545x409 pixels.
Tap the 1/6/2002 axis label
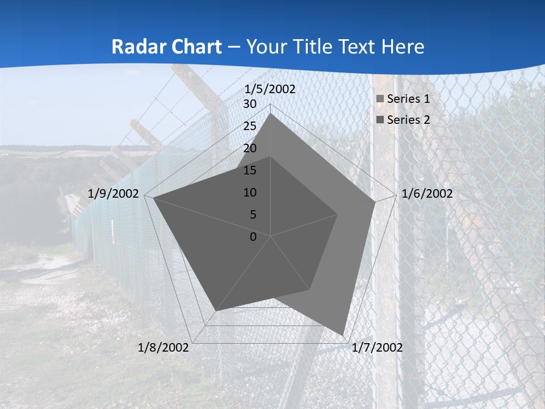pyautogui.click(x=427, y=194)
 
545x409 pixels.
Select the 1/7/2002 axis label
pyautogui.click(x=377, y=348)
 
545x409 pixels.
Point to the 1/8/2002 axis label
pyautogui.click(x=163, y=348)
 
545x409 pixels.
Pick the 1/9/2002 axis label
pyautogui.click(x=114, y=194)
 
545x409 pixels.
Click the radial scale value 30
pyautogui.click(x=250, y=104)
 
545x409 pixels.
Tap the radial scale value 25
pyautogui.click(x=250, y=126)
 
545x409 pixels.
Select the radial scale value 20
pyautogui.click(x=250, y=148)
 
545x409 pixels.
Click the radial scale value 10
pyautogui.click(x=250, y=193)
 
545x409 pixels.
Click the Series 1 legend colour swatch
pyautogui.click(x=380, y=99)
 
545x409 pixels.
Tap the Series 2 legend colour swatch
pyautogui.click(x=380, y=120)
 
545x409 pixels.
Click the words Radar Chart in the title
pyautogui.click(x=166, y=47)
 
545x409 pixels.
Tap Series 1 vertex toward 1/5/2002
pyautogui.click(x=271, y=114)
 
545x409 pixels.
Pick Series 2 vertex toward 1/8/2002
pyautogui.click(x=216, y=311)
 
